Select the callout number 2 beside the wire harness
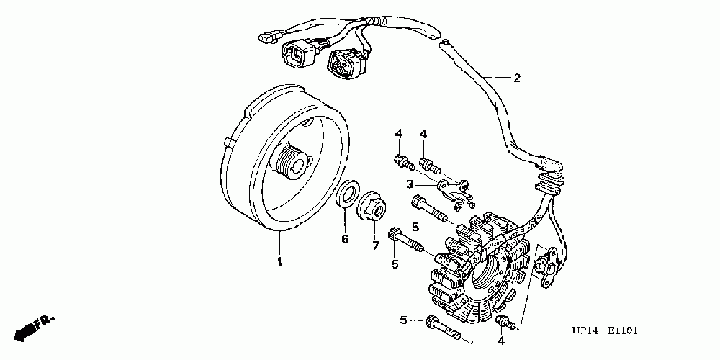pyautogui.click(x=516, y=78)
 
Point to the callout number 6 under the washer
pyautogui.click(x=345, y=238)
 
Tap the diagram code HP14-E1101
pyautogui.click(x=604, y=331)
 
